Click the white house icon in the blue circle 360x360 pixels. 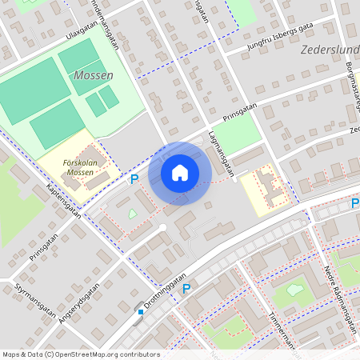[x=180, y=173]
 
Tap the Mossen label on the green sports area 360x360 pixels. [x=93, y=75]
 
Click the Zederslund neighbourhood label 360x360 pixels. [x=330, y=50]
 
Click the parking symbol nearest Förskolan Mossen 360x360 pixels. [x=134, y=179]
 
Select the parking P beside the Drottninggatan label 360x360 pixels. [x=186, y=288]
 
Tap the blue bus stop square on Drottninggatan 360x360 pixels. [x=140, y=311]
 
